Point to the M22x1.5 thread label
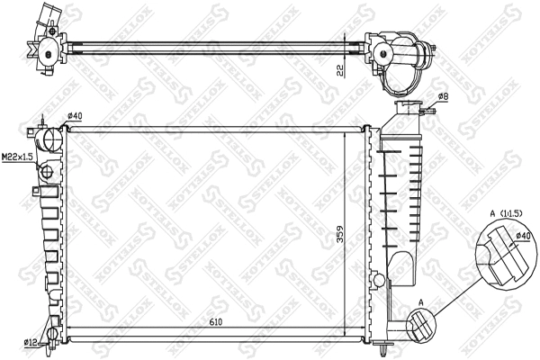coord(15,157)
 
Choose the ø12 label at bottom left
coord(31,343)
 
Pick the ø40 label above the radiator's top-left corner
coord(75,115)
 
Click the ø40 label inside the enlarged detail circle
coord(521,238)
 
